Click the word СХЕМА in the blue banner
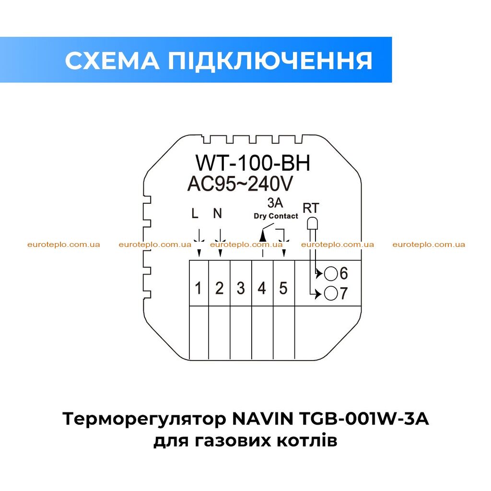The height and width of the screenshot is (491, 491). pyautogui.click(x=112, y=60)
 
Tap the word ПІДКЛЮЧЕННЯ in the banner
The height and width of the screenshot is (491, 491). pyautogui.click(x=270, y=60)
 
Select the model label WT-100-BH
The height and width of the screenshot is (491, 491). pyautogui.click(x=253, y=163)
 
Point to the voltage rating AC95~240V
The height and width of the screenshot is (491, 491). pyautogui.click(x=240, y=184)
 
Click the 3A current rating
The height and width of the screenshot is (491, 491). pyautogui.click(x=275, y=203)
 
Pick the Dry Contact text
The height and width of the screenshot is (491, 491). pyautogui.click(x=276, y=216)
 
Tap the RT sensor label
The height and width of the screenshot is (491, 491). pyautogui.click(x=311, y=208)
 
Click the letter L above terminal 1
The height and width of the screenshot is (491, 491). pyautogui.click(x=195, y=214)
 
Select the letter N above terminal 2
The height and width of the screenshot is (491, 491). pyautogui.click(x=217, y=213)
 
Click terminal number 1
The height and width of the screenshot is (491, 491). pyautogui.click(x=198, y=288)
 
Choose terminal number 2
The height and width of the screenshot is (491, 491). pyautogui.click(x=219, y=288)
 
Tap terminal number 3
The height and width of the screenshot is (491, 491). pyautogui.click(x=241, y=288)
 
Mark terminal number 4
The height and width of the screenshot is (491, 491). pyautogui.click(x=262, y=288)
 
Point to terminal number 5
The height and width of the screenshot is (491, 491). pyautogui.click(x=283, y=288)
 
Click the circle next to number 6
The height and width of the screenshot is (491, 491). pyautogui.click(x=331, y=274)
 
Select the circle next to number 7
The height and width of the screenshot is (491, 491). pyautogui.click(x=331, y=294)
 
